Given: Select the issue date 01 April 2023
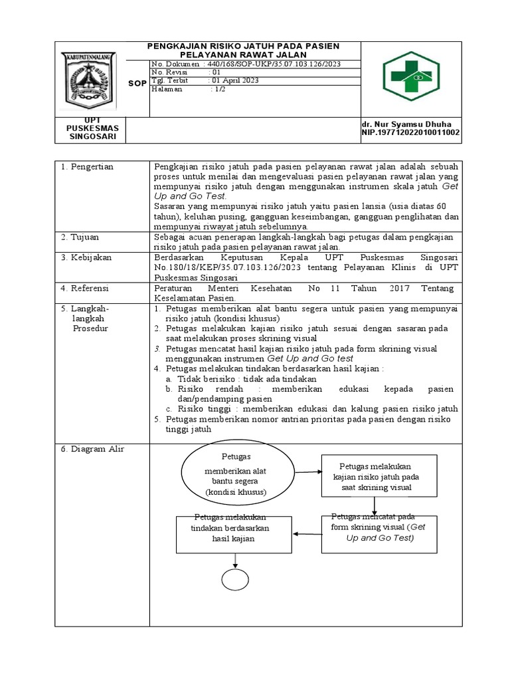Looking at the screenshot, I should coord(234,80).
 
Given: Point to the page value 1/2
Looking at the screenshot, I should coord(218,89).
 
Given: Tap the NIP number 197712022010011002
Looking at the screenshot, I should coord(410,133).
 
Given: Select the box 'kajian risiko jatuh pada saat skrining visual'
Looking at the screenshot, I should coord(375,476).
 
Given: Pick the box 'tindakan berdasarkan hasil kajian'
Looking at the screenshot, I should coord(223,533).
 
